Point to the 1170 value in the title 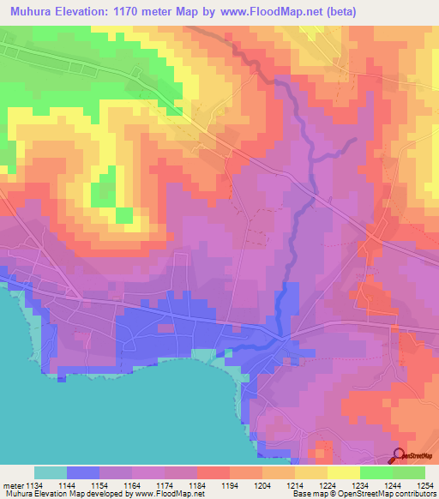(x=137, y=12)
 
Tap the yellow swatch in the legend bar (x=343, y=472)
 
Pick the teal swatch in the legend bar (x=51, y=472)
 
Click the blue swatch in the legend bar (x=83, y=472)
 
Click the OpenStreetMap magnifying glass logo (x=400, y=455)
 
